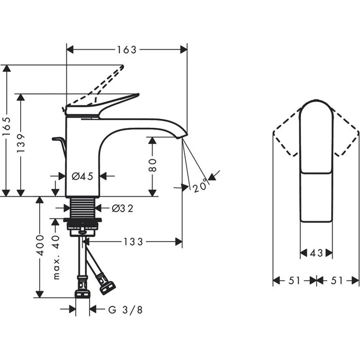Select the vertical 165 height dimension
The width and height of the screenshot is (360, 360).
click(6, 130)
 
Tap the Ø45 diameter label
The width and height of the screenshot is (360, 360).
click(82, 176)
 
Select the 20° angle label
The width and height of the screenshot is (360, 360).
click(200, 185)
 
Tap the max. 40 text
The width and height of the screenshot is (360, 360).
click(56, 256)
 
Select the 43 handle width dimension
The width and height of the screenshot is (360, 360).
click(316, 253)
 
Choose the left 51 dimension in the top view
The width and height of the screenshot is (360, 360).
click(294, 281)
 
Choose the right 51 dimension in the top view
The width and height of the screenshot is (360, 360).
click(337, 281)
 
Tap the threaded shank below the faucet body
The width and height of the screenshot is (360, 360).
click(82, 207)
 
